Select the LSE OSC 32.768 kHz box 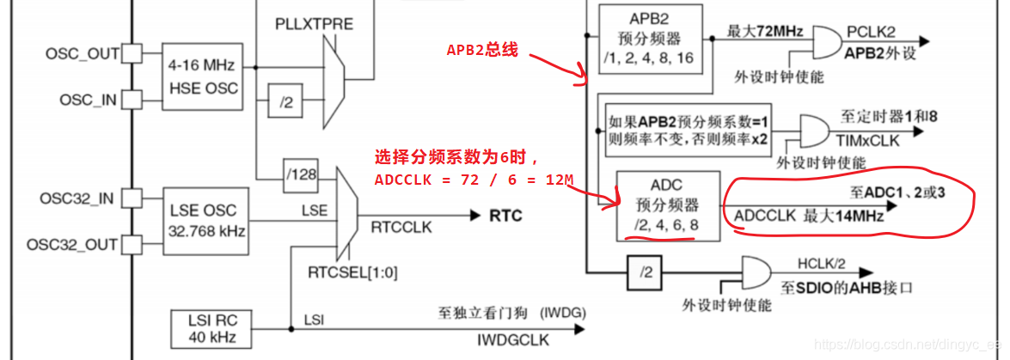[x=202, y=221]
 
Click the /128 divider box [x=300, y=175]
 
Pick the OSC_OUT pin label [x=83, y=54]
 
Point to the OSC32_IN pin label [x=78, y=198]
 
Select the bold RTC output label [x=505, y=215]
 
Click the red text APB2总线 [x=481, y=50]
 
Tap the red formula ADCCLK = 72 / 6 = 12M [x=474, y=180]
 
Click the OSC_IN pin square [x=131, y=101]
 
